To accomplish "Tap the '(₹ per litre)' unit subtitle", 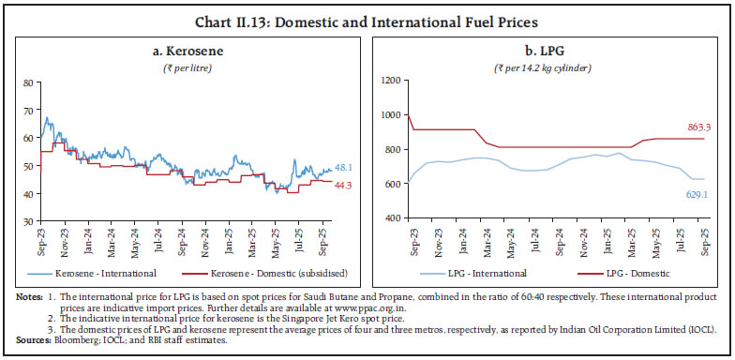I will click(x=187, y=62).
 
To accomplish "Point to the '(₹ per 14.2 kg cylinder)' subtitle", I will click(x=549, y=62).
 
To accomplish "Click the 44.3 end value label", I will click(x=344, y=186).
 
